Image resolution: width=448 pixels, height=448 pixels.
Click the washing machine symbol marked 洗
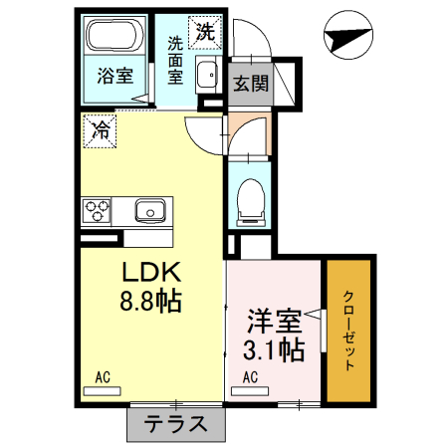point(205,30)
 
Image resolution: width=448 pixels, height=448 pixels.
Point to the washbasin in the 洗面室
point(208,76)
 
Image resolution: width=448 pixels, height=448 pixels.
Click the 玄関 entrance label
point(251,84)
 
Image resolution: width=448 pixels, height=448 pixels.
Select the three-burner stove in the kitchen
point(98,211)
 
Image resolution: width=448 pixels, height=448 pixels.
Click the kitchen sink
point(151,211)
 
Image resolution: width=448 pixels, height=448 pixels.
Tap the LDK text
point(149,272)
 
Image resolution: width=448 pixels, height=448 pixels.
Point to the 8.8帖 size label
point(149,302)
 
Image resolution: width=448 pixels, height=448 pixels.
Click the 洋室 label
point(274,324)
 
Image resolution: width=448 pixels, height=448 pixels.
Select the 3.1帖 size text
point(274,350)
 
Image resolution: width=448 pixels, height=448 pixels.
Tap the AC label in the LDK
point(102,376)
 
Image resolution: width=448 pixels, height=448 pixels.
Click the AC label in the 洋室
point(250,376)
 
